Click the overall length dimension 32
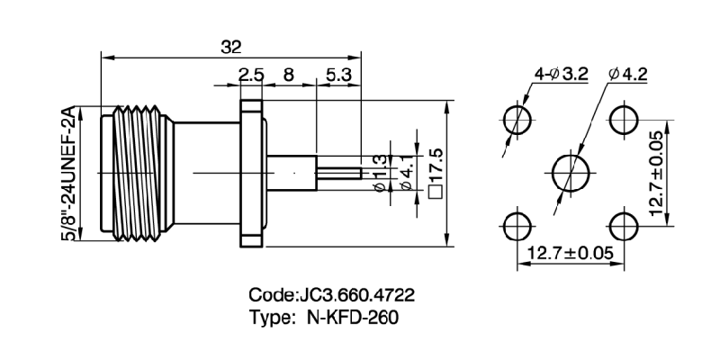[x=231, y=46]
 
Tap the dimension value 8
[x=289, y=76]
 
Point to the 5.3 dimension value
[x=338, y=76]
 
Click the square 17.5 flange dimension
[x=437, y=171]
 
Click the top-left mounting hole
[x=517, y=119]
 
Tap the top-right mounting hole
[x=621, y=119]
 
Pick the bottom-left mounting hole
[x=517, y=223]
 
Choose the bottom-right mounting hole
[x=621, y=223]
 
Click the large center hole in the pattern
[x=569, y=171]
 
